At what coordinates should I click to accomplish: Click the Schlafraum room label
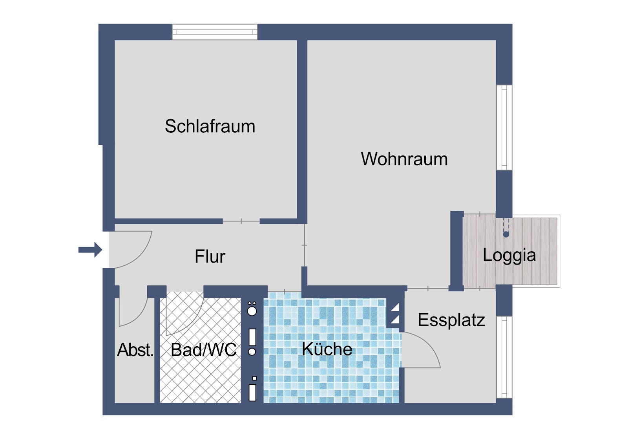click(210, 126)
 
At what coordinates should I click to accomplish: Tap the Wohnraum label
click(404, 159)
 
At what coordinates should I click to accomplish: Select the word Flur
click(210, 256)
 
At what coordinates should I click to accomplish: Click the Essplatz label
click(451, 320)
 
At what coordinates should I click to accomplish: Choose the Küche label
click(327, 349)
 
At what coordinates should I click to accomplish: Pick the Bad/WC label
click(204, 350)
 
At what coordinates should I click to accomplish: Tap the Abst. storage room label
click(135, 350)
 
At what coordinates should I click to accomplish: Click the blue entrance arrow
click(90, 250)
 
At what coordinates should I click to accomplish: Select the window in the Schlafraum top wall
click(214, 32)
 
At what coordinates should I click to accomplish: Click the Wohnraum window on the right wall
click(504, 127)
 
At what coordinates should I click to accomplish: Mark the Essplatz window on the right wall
click(504, 357)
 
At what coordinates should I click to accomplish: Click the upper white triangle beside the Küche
click(395, 307)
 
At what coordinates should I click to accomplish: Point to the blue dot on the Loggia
click(506, 234)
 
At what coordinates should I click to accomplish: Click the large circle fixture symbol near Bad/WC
click(252, 311)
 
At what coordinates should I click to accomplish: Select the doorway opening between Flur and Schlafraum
click(241, 221)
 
